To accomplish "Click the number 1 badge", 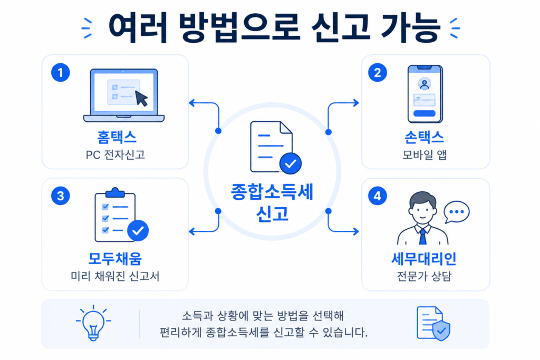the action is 61,73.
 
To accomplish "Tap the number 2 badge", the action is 378,73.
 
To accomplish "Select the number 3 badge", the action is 61,196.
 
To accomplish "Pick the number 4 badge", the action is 378,196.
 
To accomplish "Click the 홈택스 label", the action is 117,138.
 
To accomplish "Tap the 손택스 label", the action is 424,138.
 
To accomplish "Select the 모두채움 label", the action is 115,259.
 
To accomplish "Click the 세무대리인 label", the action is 424,259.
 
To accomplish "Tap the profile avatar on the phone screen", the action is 425,84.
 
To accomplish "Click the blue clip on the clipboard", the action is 115,192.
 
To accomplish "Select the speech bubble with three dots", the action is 456,212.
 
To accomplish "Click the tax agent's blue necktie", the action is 422,237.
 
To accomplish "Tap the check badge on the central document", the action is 291,163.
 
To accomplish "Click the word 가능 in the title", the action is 410,28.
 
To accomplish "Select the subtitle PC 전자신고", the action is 115,155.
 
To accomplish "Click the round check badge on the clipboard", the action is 138,230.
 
